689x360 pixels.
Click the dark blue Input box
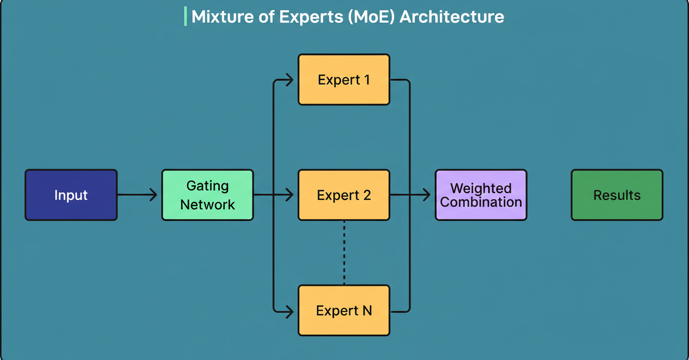click(71, 195)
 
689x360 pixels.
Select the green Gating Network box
click(207, 195)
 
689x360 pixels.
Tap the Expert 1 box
click(344, 80)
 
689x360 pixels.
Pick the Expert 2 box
click(344, 195)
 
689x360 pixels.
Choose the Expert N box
click(344, 311)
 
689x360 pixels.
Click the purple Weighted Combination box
click(481, 195)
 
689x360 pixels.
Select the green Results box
click(617, 195)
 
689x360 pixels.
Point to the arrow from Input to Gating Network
click(137, 195)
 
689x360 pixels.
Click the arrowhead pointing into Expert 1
click(290, 80)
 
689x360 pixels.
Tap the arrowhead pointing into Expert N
click(290, 311)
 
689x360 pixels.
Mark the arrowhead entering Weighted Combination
click(427, 195)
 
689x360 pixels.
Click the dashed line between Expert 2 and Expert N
click(344, 252)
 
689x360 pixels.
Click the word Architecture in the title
click(452, 17)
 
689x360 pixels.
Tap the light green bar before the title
click(185, 17)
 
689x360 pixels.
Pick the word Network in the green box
click(207, 204)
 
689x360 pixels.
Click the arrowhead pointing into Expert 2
click(290, 195)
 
